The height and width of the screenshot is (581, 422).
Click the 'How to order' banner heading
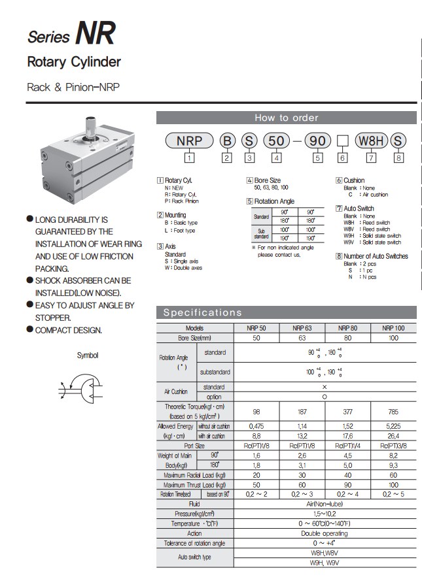click(x=286, y=118)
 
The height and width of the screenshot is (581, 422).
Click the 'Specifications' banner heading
click(x=203, y=312)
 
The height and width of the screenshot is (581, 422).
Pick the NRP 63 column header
click(x=302, y=328)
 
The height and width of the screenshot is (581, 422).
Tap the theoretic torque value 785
click(x=393, y=411)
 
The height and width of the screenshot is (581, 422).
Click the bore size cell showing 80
click(x=347, y=338)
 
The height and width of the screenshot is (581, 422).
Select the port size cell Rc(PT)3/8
click(x=393, y=446)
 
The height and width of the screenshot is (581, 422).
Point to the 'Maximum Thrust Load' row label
click(x=195, y=485)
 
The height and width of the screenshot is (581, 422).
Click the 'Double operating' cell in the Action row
click(x=325, y=533)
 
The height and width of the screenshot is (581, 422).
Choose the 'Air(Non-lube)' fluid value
click(x=325, y=505)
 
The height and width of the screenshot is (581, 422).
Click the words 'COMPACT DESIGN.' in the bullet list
click(x=69, y=330)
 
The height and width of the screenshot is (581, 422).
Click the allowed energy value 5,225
click(x=393, y=426)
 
